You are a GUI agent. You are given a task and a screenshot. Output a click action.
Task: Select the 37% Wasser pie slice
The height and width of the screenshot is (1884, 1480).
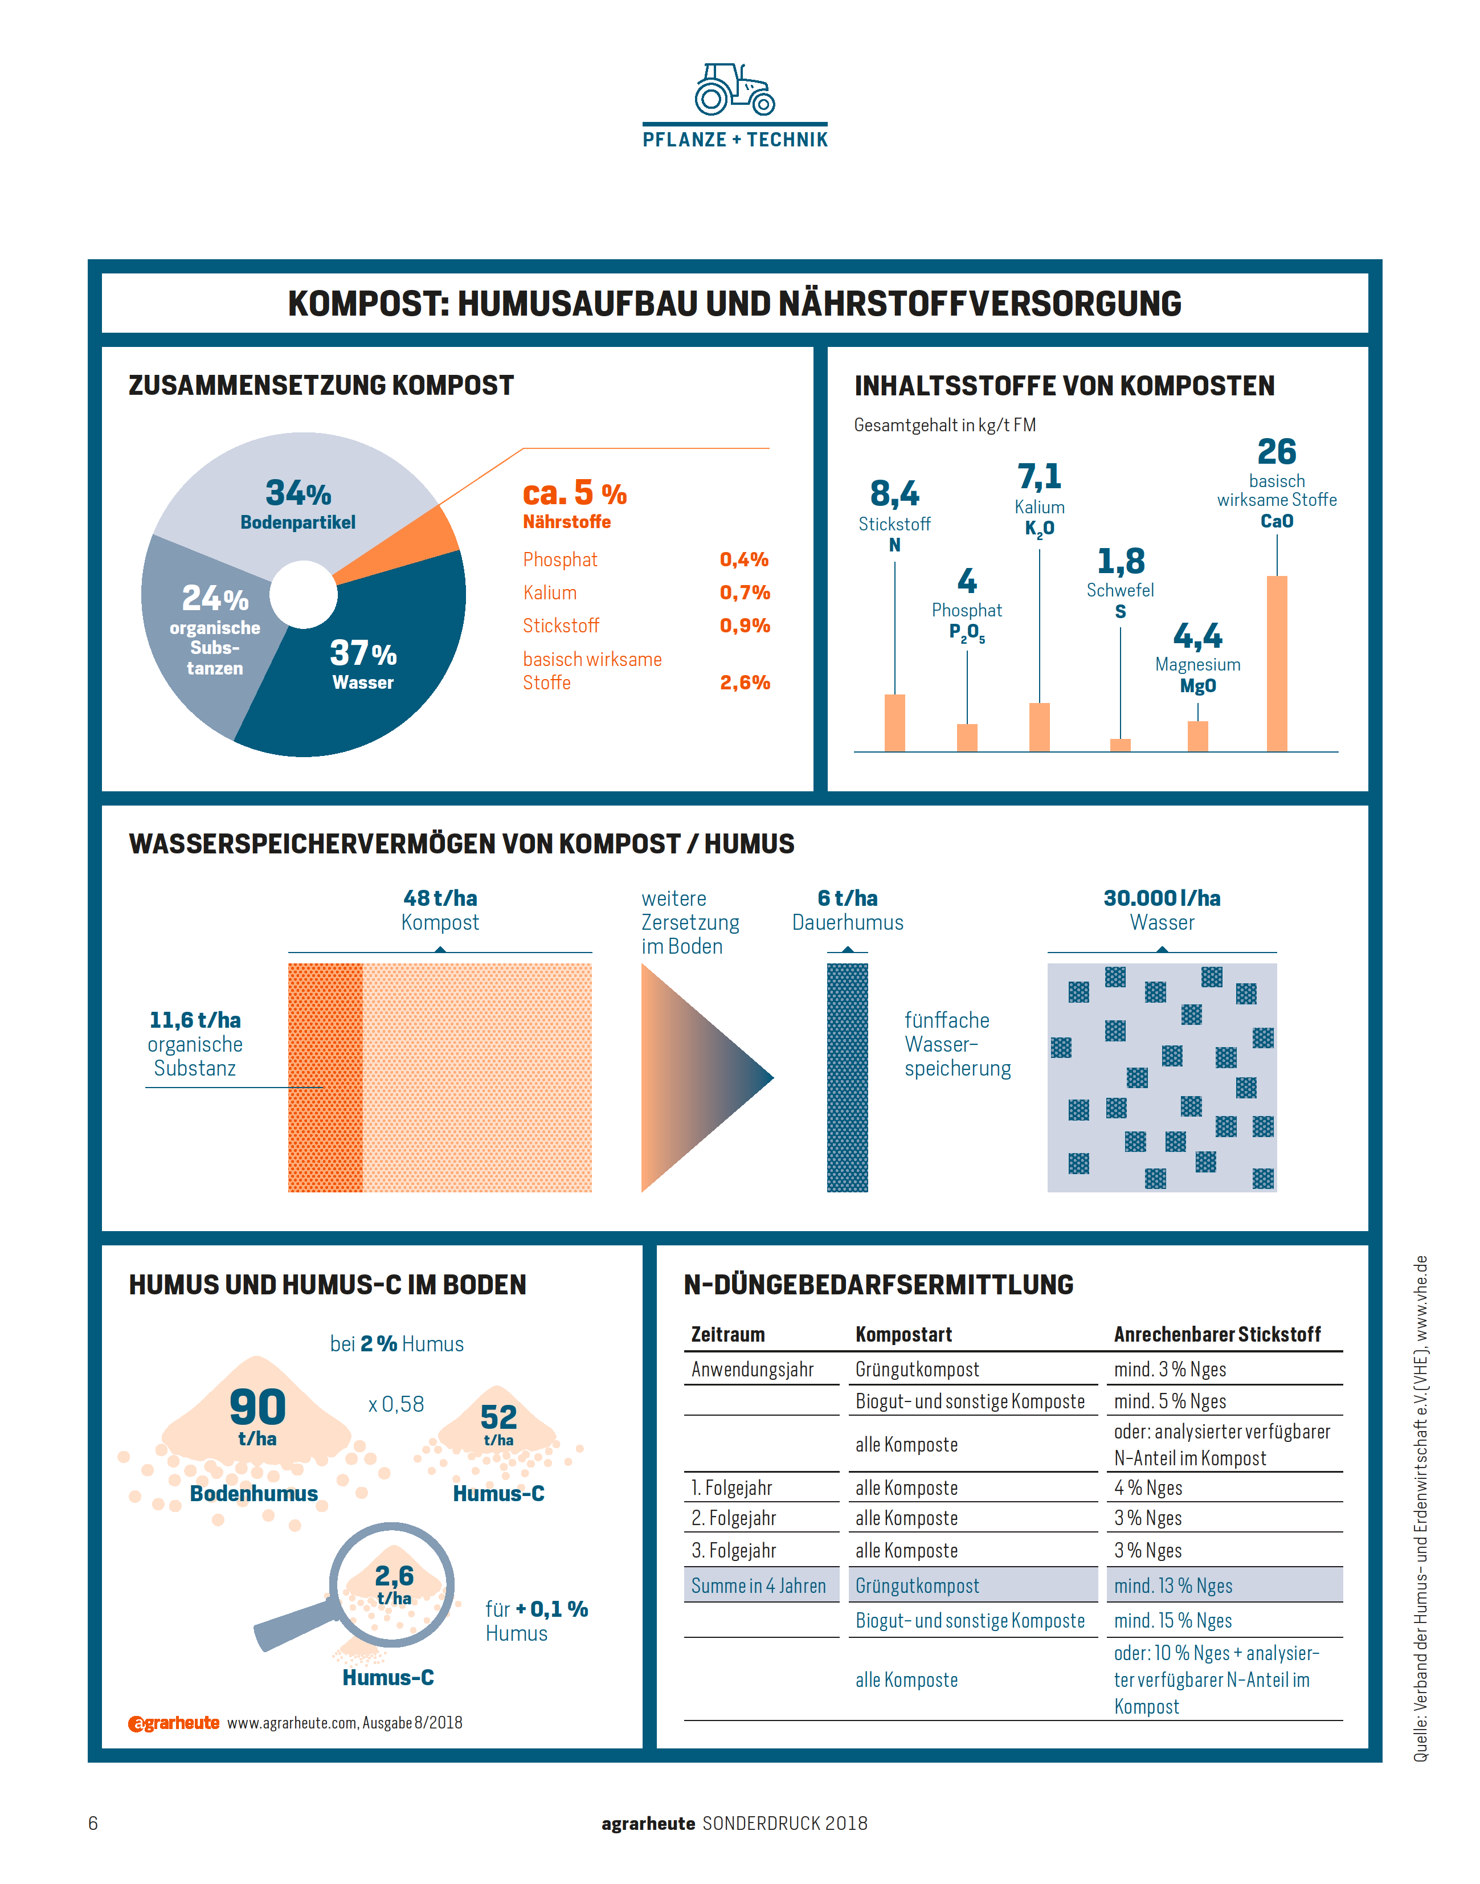point(373,667)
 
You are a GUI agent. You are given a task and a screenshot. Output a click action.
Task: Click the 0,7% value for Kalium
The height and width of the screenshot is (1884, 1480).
point(745,592)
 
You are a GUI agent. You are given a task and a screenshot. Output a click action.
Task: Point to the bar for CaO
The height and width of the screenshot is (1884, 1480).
point(1277,663)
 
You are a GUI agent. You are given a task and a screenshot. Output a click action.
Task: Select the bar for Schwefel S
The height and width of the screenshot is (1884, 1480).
point(1121,745)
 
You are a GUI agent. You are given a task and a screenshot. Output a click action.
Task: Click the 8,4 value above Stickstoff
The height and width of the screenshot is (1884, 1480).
point(894,493)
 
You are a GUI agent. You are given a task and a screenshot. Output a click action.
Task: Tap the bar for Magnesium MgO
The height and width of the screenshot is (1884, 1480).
point(1197,735)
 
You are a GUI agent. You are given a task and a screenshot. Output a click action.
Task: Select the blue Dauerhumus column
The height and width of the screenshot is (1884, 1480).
point(848,1077)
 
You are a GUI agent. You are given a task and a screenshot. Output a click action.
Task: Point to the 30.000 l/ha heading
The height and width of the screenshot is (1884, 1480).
point(1162,898)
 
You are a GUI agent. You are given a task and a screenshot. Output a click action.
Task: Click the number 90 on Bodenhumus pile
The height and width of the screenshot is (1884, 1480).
point(257,1407)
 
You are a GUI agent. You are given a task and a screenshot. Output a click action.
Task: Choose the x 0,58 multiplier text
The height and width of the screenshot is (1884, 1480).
point(396,1404)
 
